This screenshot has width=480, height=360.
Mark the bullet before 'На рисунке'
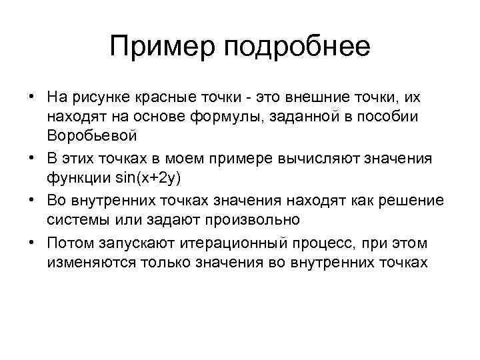31,97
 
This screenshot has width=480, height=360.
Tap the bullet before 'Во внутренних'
31,201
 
